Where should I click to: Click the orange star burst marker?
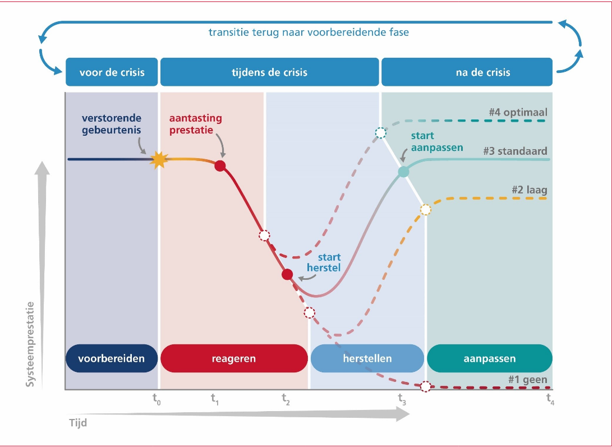point(159,160)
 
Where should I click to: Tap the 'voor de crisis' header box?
point(112,72)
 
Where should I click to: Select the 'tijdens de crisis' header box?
point(269,72)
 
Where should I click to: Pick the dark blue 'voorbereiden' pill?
point(112,358)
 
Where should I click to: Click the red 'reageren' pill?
point(234,358)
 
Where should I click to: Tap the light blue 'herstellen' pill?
point(367,358)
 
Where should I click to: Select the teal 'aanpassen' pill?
point(489,358)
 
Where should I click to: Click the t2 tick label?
point(286,399)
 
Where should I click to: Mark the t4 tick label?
point(550,399)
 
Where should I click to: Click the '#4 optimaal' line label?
point(518,112)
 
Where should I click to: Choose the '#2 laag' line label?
point(529,190)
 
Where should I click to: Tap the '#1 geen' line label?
point(527,380)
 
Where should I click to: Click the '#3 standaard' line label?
point(515,151)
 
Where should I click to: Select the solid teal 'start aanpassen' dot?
point(403,172)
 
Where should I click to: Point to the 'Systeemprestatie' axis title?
point(31,344)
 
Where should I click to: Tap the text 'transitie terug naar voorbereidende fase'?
point(309,32)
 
